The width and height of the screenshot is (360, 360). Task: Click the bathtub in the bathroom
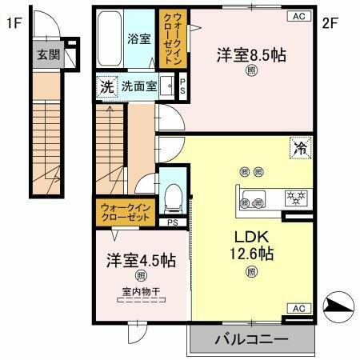point(110,39)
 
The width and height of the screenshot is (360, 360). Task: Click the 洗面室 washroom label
point(139,86)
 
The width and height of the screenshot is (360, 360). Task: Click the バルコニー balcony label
point(250,340)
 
